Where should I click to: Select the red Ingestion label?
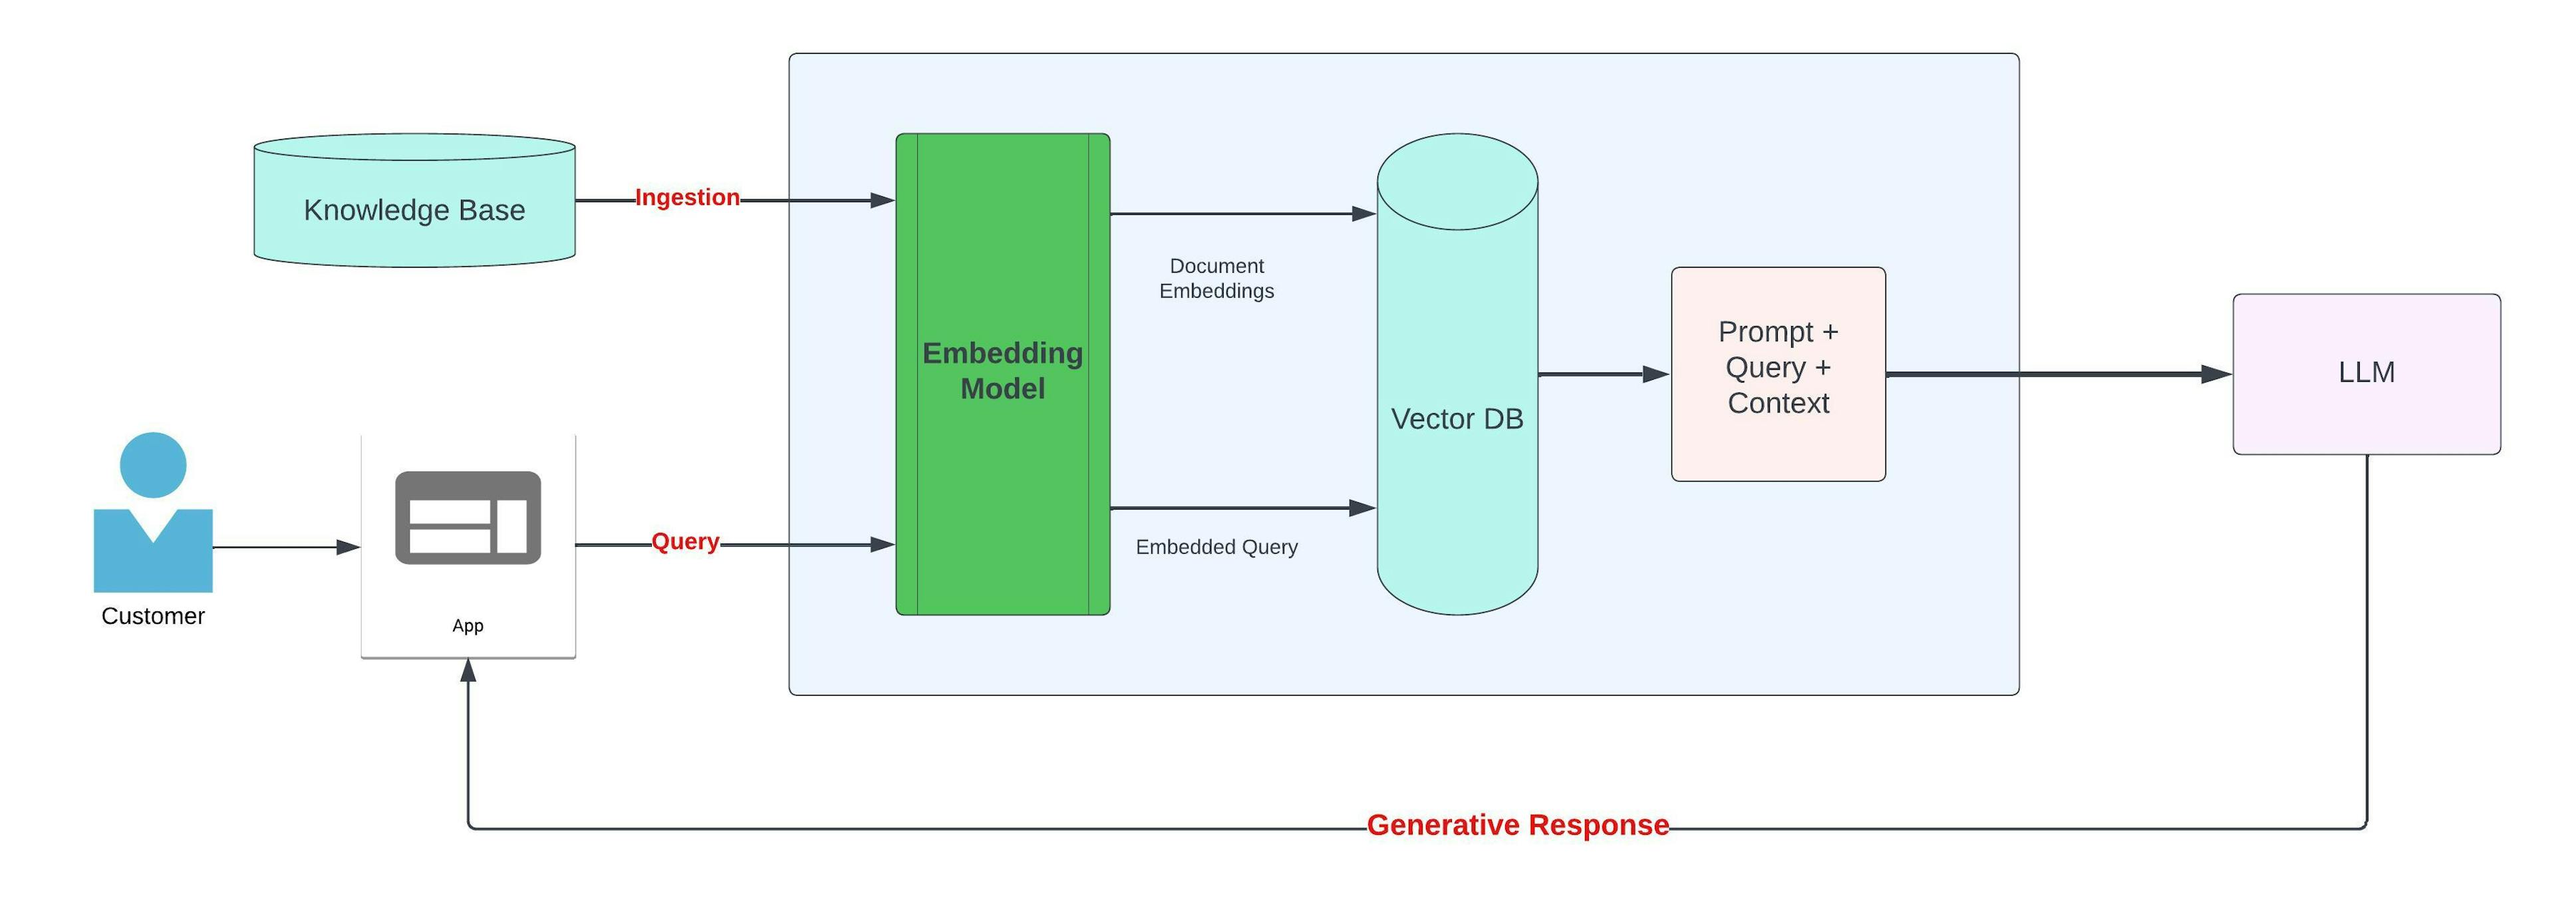(687, 198)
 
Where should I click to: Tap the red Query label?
(685, 542)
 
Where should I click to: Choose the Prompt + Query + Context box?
(1778, 374)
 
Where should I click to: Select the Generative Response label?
(1517, 825)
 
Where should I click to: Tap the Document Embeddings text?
(1216, 279)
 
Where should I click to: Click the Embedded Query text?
(1216, 547)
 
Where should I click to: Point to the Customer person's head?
(153, 465)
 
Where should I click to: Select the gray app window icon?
(468, 518)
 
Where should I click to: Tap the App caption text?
(468, 625)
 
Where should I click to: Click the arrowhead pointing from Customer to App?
(348, 547)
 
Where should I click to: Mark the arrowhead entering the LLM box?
(2216, 375)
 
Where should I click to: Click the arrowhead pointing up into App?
(468, 671)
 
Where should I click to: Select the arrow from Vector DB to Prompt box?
(1601, 375)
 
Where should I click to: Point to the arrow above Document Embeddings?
(1239, 213)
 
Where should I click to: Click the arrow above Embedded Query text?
(1239, 508)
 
